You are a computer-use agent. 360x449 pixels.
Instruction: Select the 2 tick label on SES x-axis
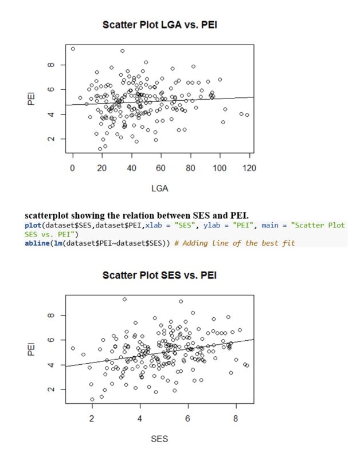point(92,419)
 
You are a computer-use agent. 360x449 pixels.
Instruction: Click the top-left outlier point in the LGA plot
point(73,49)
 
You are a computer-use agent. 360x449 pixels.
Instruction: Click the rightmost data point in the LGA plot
point(247,115)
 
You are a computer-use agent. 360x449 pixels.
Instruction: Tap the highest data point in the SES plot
point(124,299)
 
